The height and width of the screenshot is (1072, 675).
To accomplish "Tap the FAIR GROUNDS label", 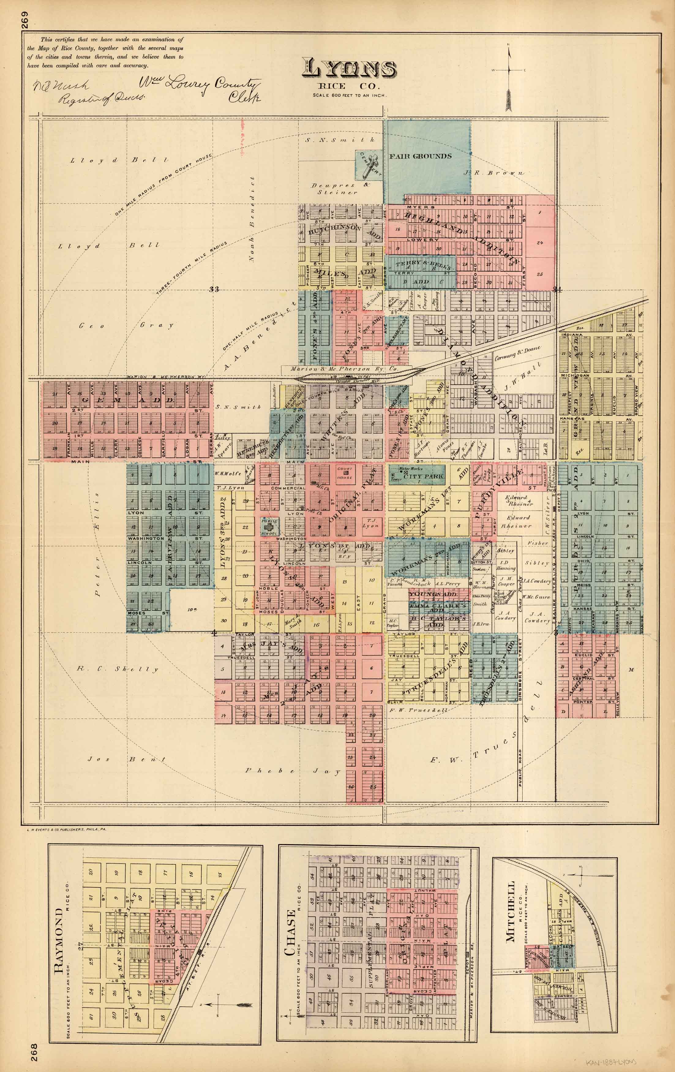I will (x=421, y=156).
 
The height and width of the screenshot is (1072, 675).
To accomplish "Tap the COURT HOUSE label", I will (x=345, y=473).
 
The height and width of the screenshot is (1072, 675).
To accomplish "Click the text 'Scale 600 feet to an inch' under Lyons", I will (x=349, y=95).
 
